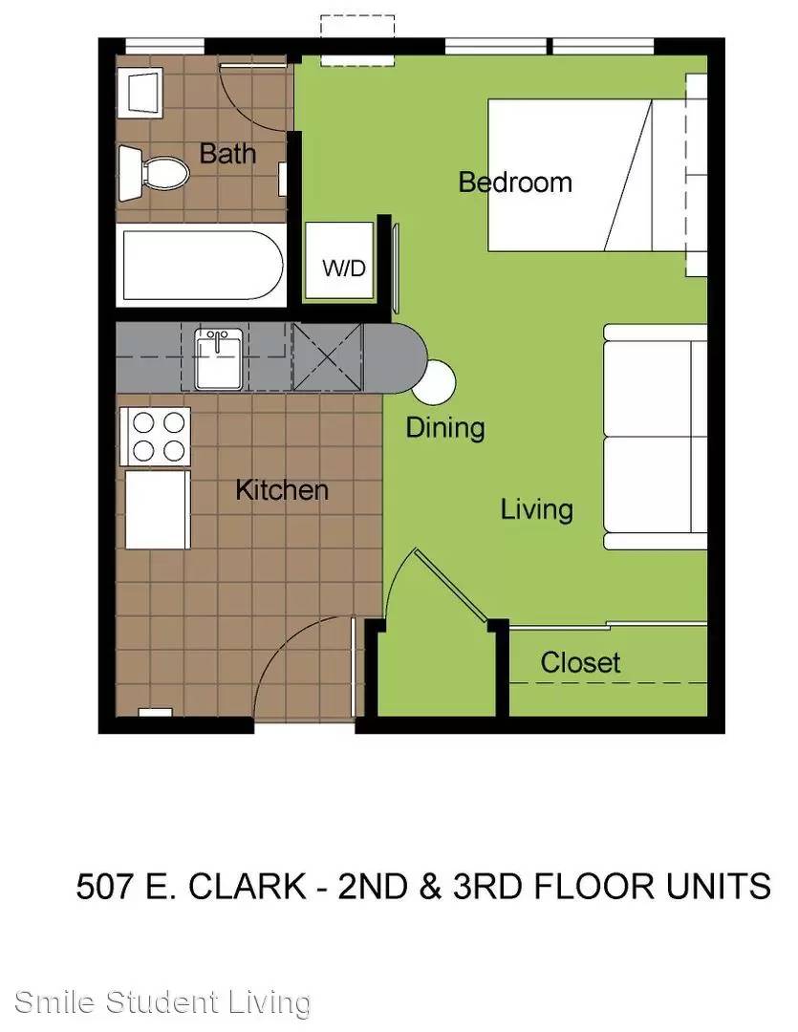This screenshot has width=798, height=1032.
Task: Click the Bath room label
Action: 227,153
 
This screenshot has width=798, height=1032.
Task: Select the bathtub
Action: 202,265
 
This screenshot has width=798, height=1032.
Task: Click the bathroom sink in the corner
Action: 140,92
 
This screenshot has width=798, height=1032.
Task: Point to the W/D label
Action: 344,269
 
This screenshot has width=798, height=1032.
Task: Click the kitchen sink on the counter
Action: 219,359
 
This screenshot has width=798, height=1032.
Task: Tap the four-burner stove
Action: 156,437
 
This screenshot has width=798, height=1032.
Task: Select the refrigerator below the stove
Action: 158,509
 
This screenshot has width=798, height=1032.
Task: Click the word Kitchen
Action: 282,490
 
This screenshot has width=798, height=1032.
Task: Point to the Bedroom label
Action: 515,183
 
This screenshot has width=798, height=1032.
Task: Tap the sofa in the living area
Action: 655,437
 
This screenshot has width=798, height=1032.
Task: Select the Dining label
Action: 445,428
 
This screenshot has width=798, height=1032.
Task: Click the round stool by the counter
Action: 435,382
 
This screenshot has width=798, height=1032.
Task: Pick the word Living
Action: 536,510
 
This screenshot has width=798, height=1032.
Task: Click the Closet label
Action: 580,663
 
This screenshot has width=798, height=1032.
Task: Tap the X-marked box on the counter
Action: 328,356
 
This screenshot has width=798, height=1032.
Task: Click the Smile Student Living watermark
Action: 162,1002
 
